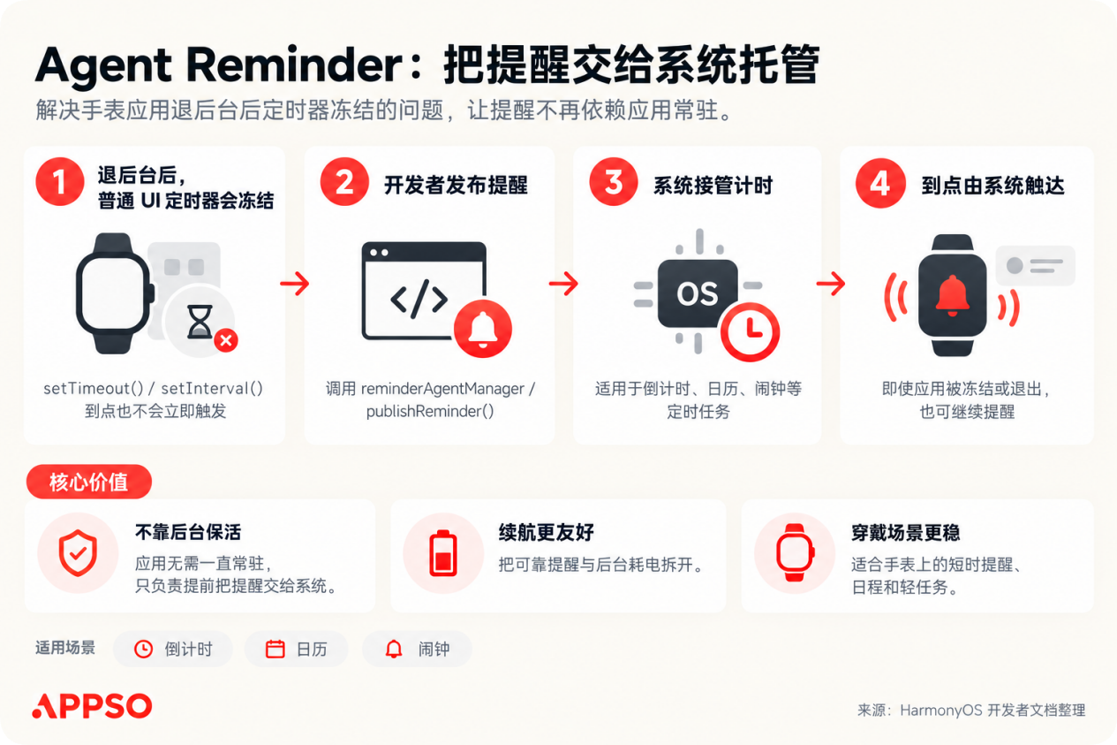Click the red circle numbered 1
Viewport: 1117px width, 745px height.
click(60, 182)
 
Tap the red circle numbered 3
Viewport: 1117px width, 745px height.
click(614, 182)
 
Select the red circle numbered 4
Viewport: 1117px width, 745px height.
click(880, 183)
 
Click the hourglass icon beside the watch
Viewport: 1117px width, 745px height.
click(200, 322)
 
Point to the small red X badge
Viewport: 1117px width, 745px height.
click(226, 340)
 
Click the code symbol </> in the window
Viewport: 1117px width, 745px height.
click(419, 300)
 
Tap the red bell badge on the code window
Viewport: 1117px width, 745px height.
click(483, 329)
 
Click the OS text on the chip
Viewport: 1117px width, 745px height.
click(697, 293)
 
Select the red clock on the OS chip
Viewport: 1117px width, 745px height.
click(750, 331)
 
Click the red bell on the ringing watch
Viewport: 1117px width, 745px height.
click(952, 295)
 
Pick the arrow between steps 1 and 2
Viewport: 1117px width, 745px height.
click(295, 284)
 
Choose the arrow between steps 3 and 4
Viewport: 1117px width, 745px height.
click(831, 284)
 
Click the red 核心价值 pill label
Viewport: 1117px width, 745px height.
click(89, 482)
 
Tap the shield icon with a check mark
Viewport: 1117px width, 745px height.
click(78, 553)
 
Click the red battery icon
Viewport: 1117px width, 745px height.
click(442, 553)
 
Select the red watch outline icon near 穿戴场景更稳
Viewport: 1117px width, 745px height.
click(795, 552)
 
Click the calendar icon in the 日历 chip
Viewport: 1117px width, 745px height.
click(275, 649)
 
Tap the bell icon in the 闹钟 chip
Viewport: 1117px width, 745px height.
click(394, 649)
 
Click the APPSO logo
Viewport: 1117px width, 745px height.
click(92, 705)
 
